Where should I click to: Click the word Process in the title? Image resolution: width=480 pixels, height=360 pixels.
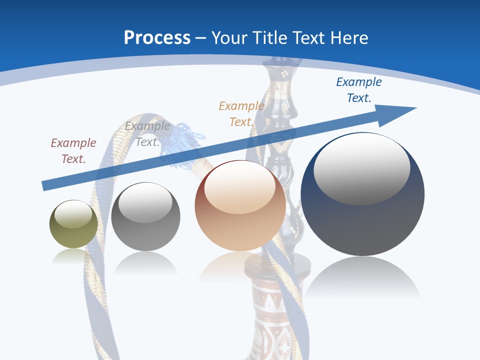[157, 38]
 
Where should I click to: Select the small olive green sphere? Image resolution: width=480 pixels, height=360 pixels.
[73, 224]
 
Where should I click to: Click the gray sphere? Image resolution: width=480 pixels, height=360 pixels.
[145, 217]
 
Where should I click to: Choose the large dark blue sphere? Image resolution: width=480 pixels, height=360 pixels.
[362, 195]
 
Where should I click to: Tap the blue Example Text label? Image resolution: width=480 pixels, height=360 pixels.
[358, 90]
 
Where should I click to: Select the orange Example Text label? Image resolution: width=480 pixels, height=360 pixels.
[241, 113]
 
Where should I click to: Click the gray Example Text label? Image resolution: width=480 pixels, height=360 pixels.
[147, 133]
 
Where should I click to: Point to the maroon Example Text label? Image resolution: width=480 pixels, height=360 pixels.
[73, 150]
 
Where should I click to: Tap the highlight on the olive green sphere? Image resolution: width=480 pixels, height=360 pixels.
[73, 214]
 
